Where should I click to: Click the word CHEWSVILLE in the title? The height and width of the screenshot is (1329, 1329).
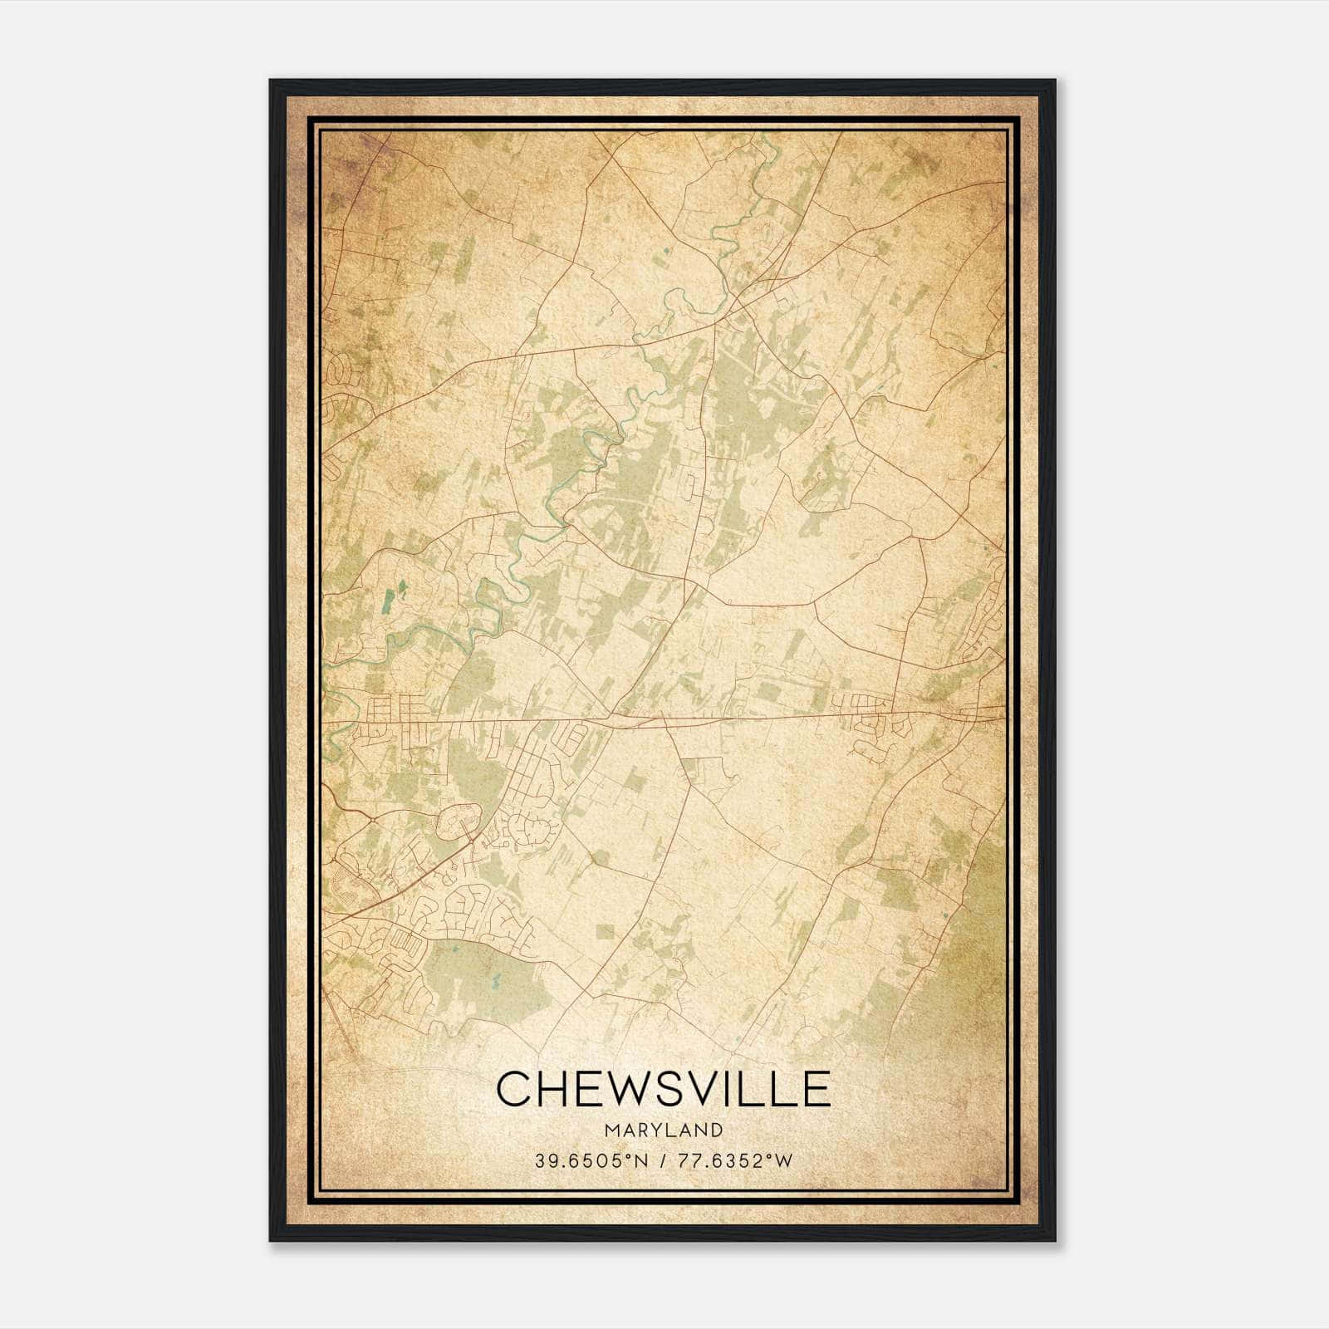tap(663, 1089)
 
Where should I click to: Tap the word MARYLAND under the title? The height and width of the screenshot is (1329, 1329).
tap(663, 1130)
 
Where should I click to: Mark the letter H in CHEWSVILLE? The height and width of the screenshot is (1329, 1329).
tap(556, 1089)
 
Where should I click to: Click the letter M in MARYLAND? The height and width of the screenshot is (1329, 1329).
tap(611, 1130)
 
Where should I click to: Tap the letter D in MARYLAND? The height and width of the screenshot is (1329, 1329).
tap(716, 1130)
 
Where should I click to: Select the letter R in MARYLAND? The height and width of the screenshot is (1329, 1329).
tap(643, 1130)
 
